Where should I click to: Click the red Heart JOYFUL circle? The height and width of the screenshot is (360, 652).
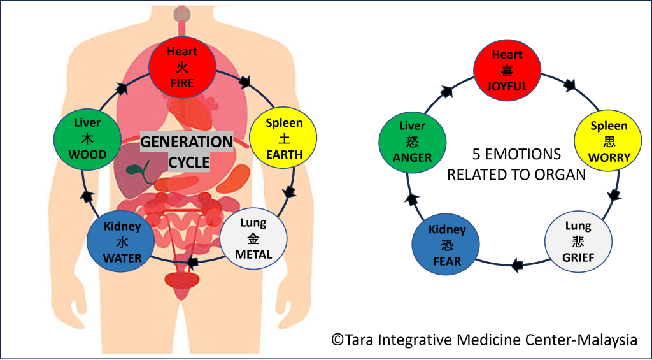click(507, 70)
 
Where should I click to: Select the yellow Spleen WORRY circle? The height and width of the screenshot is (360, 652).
click(608, 141)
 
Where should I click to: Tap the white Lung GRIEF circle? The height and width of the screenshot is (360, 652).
click(578, 242)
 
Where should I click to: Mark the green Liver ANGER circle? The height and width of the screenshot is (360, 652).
click(412, 141)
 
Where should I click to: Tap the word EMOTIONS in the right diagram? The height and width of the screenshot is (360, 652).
click(525, 155)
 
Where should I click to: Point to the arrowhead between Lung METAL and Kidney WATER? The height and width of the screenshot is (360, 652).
click(190, 261)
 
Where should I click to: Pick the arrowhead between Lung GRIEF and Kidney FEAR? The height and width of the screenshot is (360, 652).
click(518, 264)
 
